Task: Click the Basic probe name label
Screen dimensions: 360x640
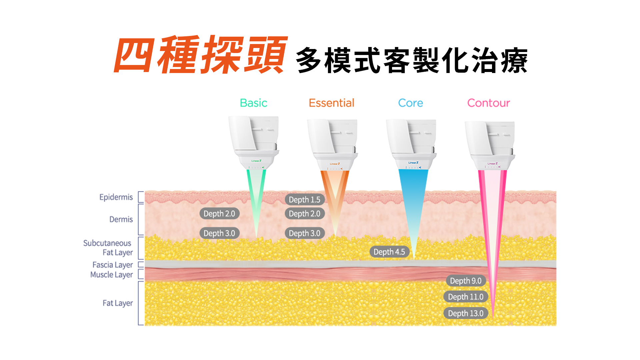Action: click(x=253, y=103)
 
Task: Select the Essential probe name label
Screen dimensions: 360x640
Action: click(x=331, y=103)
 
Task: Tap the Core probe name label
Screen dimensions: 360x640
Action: click(x=410, y=103)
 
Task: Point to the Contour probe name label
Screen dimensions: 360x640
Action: click(x=488, y=103)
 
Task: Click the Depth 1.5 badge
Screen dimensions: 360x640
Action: click(x=304, y=200)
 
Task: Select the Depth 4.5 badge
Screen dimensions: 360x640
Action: click(x=389, y=252)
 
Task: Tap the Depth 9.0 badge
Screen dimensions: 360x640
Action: click(x=465, y=281)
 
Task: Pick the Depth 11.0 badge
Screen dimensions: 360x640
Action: click(x=465, y=297)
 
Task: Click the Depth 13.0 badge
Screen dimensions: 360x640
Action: click(x=465, y=313)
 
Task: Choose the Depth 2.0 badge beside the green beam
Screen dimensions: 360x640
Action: click(x=219, y=214)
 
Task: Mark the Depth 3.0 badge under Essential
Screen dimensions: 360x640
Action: click(x=304, y=233)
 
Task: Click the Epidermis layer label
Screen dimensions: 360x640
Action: click(x=116, y=197)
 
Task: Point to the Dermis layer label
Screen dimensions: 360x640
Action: click(x=121, y=219)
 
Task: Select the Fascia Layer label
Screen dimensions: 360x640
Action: click(x=113, y=265)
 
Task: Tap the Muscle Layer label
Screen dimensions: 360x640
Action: click(x=112, y=275)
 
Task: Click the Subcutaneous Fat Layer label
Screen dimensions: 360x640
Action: click(x=108, y=248)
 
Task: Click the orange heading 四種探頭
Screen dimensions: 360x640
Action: click(x=200, y=55)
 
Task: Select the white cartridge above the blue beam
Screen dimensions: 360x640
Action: click(x=411, y=143)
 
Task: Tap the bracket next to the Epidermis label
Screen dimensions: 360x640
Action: click(x=141, y=197)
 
